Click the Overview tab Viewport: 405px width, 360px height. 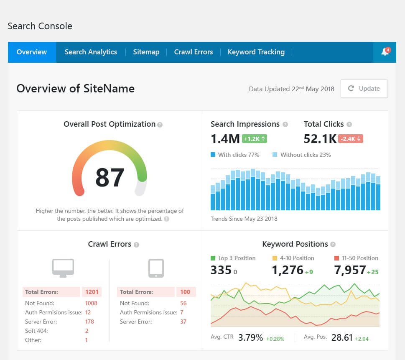point(32,52)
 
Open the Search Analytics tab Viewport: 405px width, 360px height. point(91,52)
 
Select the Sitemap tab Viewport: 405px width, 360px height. point(146,52)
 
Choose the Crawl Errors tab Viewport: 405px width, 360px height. point(194,52)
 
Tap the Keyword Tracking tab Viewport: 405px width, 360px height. point(256,52)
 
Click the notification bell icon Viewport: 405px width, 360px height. point(385,52)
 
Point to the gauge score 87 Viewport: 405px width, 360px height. point(110,177)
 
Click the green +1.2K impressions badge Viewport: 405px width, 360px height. point(255,139)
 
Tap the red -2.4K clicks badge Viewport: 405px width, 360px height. point(351,139)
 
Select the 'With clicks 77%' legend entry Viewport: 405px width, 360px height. point(235,155)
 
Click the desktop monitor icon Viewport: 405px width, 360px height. point(63,268)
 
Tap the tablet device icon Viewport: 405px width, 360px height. point(156,268)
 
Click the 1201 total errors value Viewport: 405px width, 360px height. point(91,292)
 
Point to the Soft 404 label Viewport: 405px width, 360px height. point(36,331)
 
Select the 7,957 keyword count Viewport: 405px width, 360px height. point(350,271)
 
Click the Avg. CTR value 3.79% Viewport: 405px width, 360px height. point(250,337)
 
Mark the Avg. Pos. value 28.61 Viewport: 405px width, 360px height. point(342,337)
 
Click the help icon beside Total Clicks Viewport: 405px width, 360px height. point(349,125)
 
